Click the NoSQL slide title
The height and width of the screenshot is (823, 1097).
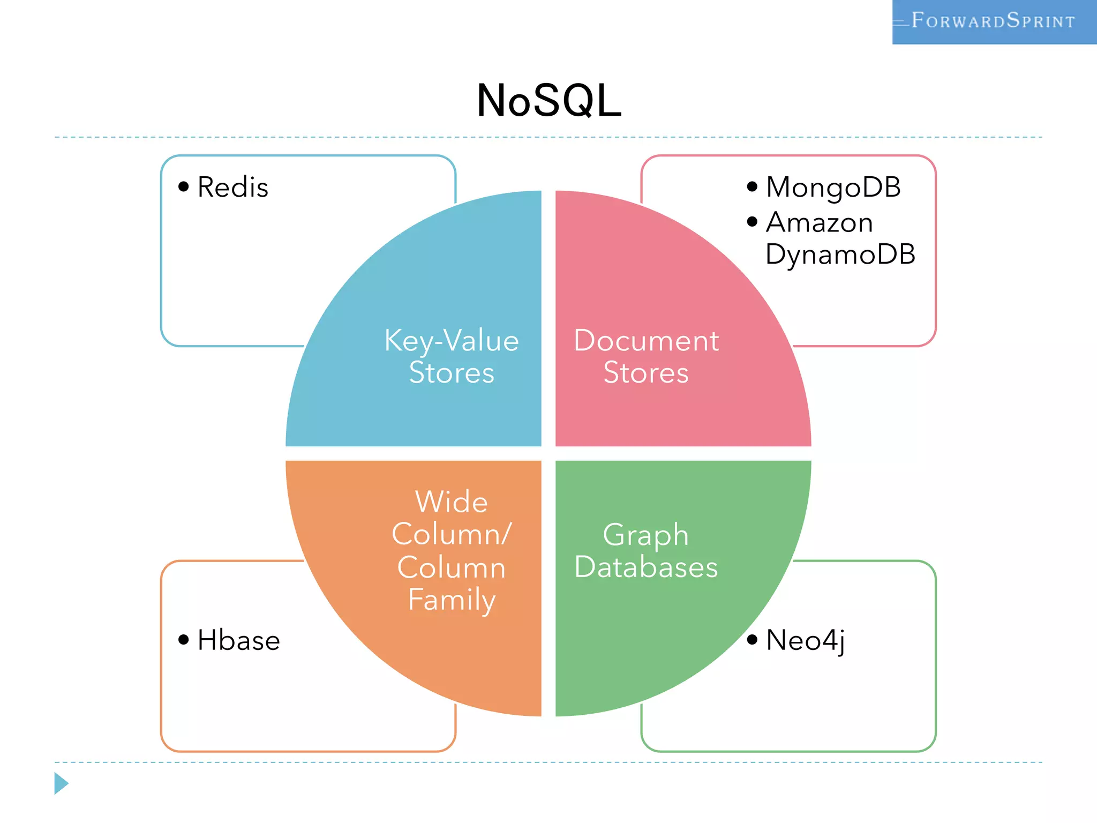(549, 101)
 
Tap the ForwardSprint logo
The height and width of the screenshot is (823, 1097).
(994, 21)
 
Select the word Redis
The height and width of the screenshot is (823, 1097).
(232, 188)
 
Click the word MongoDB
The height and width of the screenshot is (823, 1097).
(833, 188)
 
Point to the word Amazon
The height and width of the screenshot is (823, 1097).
(820, 222)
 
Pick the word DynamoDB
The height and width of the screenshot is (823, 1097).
(840, 254)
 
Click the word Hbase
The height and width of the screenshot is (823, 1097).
(239, 640)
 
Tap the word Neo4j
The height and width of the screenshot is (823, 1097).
(806, 640)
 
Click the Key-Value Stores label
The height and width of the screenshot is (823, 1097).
(452, 356)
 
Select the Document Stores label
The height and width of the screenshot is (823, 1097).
(646, 356)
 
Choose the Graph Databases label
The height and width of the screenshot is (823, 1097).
(646, 551)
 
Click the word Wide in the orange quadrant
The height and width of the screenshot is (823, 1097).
(452, 502)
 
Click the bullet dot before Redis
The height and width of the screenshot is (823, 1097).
(184, 186)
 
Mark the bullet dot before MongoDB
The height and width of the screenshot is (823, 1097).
(752, 186)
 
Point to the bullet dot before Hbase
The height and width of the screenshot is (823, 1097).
(184, 639)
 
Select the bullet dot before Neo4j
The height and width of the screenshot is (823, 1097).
(752, 639)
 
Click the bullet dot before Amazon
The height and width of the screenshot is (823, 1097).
(752, 221)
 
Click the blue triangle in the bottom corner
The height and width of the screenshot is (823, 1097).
(61, 783)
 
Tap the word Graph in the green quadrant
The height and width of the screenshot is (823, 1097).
(646, 535)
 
